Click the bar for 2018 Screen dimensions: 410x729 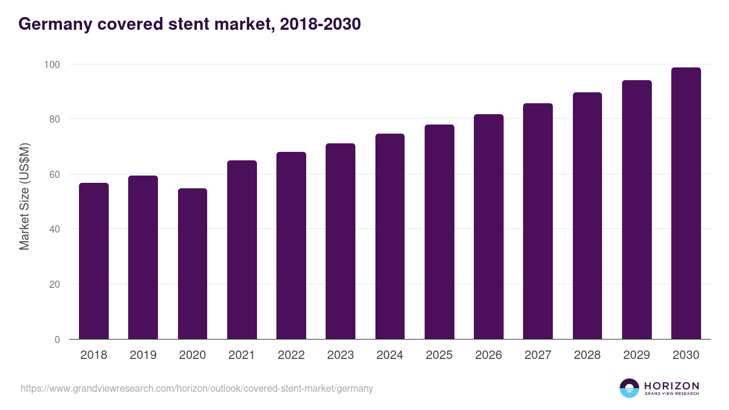94,261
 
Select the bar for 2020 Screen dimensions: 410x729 193,264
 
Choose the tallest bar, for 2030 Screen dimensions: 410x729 686,203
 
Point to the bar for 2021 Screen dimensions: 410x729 242,250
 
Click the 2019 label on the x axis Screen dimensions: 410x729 143,355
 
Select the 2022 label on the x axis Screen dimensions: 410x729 291,355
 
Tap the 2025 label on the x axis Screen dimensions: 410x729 439,355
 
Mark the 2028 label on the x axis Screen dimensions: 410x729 587,355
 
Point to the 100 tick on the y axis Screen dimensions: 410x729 52,64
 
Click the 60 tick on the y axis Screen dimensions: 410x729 54,174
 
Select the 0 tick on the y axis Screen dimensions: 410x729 57,340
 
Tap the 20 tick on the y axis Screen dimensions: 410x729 54,284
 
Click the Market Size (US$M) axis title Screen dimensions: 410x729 24,196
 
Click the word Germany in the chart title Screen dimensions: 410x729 50,24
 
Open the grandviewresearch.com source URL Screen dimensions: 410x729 197,388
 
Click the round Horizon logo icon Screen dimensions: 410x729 629,388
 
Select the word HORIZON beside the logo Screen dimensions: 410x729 672,385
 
